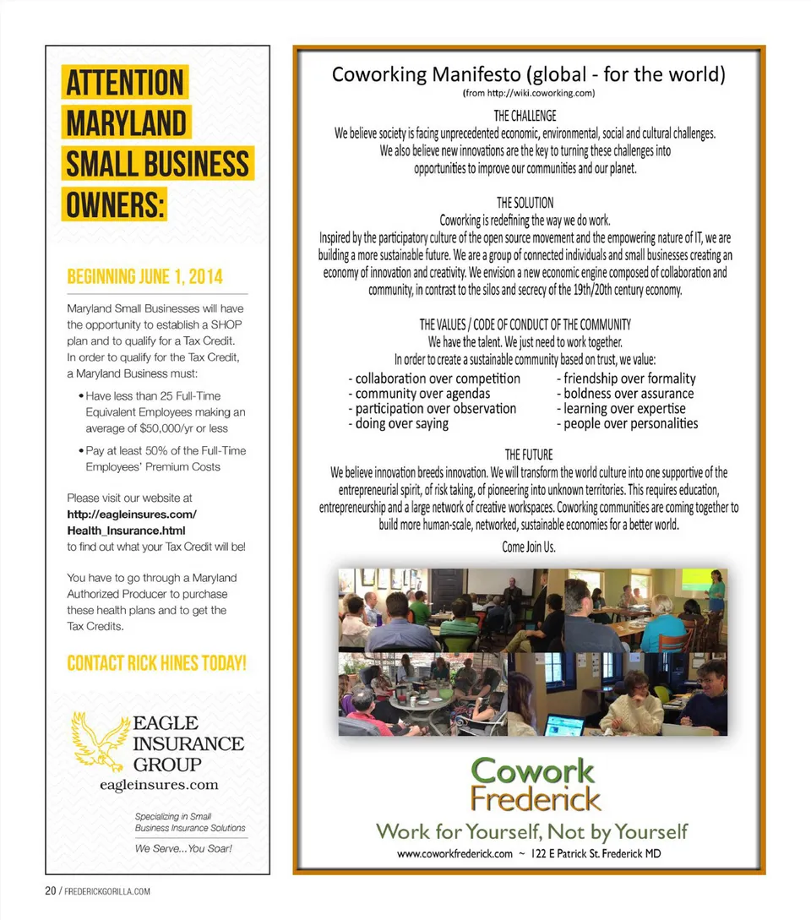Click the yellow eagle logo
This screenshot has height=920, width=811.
click(x=99, y=741)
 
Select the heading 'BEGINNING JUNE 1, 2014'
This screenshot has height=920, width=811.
click(x=144, y=277)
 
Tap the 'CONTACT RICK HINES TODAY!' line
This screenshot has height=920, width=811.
click(x=156, y=662)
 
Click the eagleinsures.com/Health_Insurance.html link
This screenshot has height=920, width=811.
click(x=131, y=522)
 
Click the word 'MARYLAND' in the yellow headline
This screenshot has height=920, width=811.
click(x=126, y=123)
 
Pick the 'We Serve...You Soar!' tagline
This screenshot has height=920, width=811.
click(x=183, y=848)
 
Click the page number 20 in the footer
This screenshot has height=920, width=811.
click(x=51, y=891)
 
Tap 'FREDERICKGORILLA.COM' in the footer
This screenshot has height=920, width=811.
click(x=107, y=891)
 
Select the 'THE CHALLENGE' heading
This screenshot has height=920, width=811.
click(x=525, y=115)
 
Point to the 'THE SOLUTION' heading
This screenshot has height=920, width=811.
click(x=525, y=203)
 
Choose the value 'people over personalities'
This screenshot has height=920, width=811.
click(x=630, y=423)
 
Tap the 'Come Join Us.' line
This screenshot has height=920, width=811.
click(x=528, y=547)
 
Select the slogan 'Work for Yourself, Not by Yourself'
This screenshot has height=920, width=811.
click(x=531, y=831)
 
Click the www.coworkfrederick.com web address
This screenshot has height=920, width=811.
click(x=454, y=853)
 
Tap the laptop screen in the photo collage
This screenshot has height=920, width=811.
click(x=563, y=724)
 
